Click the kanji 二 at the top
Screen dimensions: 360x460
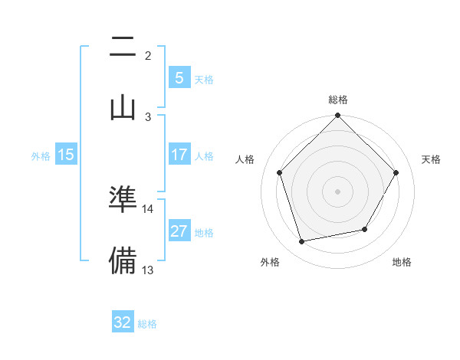(x=123, y=48)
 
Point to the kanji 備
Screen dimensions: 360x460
(x=123, y=260)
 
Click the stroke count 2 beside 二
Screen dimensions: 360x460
(x=148, y=55)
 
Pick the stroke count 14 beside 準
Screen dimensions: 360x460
(x=148, y=208)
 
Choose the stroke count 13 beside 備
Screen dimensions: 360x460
(x=148, y=270)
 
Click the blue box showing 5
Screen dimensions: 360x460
(x=179, y=77)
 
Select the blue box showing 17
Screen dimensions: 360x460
(x=179, y=154)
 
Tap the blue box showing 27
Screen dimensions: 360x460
(x=179, y=231)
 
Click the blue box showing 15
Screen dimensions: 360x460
(x=65, y=155)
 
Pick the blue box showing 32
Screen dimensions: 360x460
(x=123, y=322)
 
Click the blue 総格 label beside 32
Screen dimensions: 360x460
(x=147, y=324)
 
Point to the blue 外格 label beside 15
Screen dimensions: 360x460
(x=41, y=156)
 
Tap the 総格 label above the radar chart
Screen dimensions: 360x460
(x=338, y=100)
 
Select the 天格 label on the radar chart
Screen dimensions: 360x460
(x=432, y=159)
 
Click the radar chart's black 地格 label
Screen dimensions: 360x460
(x=402, y=263)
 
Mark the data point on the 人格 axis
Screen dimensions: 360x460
(x=280, y=172)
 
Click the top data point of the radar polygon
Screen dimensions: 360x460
(x=338, y=116)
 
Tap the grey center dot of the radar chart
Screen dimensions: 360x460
(x=338, y=191)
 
